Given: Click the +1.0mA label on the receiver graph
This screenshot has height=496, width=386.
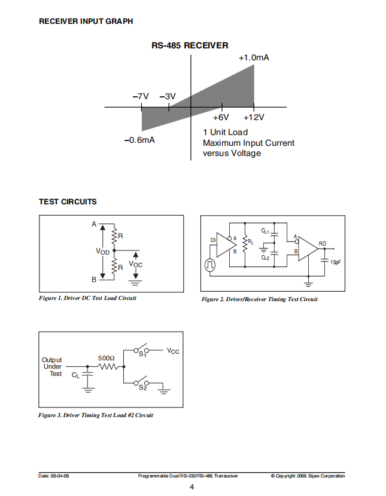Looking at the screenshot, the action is click(254, 57).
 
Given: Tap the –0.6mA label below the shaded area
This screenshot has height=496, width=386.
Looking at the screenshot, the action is click(139, 140).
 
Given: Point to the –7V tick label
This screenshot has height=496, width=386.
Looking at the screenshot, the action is click(141, 96).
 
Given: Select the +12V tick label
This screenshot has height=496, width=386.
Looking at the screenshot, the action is click(254, 117).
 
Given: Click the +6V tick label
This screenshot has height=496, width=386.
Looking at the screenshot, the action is click(221, 117).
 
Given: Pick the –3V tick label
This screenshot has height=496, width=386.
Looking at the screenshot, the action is click(168, 96).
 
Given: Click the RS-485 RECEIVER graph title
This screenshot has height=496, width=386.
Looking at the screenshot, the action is click(190, 45).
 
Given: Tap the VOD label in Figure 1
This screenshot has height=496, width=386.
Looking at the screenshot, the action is click(102, 252).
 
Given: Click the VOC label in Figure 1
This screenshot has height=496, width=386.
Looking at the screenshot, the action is click(135, 264).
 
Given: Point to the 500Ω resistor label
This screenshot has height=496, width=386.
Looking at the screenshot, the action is click(107, 358).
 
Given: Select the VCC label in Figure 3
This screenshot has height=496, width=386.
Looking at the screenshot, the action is click(173, 351).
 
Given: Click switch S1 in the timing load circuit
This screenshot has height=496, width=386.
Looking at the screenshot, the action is click(141, 350).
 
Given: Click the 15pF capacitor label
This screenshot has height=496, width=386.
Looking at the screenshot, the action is click(335, 262).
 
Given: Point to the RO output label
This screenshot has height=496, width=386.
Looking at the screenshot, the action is click(323, 244).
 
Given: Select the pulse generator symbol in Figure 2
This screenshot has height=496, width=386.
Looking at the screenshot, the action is click(210, 265).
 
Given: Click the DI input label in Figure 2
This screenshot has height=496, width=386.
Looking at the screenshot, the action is click(213, 240).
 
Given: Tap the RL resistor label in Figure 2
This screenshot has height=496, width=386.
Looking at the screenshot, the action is click(251, 242).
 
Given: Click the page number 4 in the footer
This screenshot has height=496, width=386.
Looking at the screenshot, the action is click(192, 487).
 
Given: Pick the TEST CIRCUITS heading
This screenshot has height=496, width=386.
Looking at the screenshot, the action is click(68, 202).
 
